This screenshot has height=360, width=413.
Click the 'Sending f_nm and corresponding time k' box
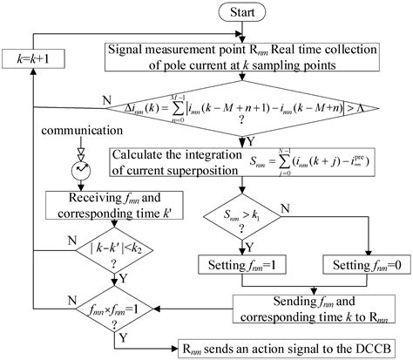click(x=309, y=306)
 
